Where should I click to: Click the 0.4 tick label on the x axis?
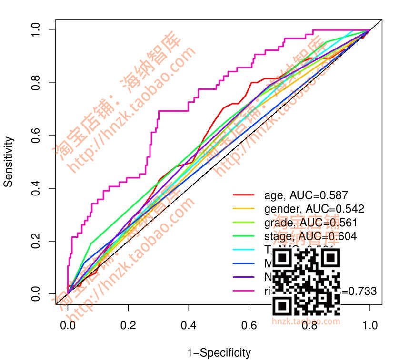pyautogui.click(x=189, y=326)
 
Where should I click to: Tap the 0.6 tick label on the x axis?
pyautogui.click(x=249, y=326)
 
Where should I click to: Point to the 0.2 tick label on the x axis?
pyautogui.click(x=129, y=326)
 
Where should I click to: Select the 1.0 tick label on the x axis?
pyautogui.click(x=370, y=326)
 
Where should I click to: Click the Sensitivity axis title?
pyautogui.click(x=9, y=162)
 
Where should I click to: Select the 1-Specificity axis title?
pyautogui.click(x=219, y=353)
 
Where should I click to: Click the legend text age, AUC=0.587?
pyautogui.click(x=306, y=195)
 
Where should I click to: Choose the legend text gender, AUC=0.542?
pyautogui.click(x=314, y=208)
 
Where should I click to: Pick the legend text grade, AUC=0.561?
pyautogui.click(x=310, y=222)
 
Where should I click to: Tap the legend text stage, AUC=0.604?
pyautogui.click(x=310, y=236)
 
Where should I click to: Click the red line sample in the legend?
pyautogui.click(x=242, y=195)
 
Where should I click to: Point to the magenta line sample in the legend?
pyautogui.click(x=242, y=291)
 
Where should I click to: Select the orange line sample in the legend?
pyautogui.click(x=242, y=208)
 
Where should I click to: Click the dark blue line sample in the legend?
pyautogui.click(x=242, y=263)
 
